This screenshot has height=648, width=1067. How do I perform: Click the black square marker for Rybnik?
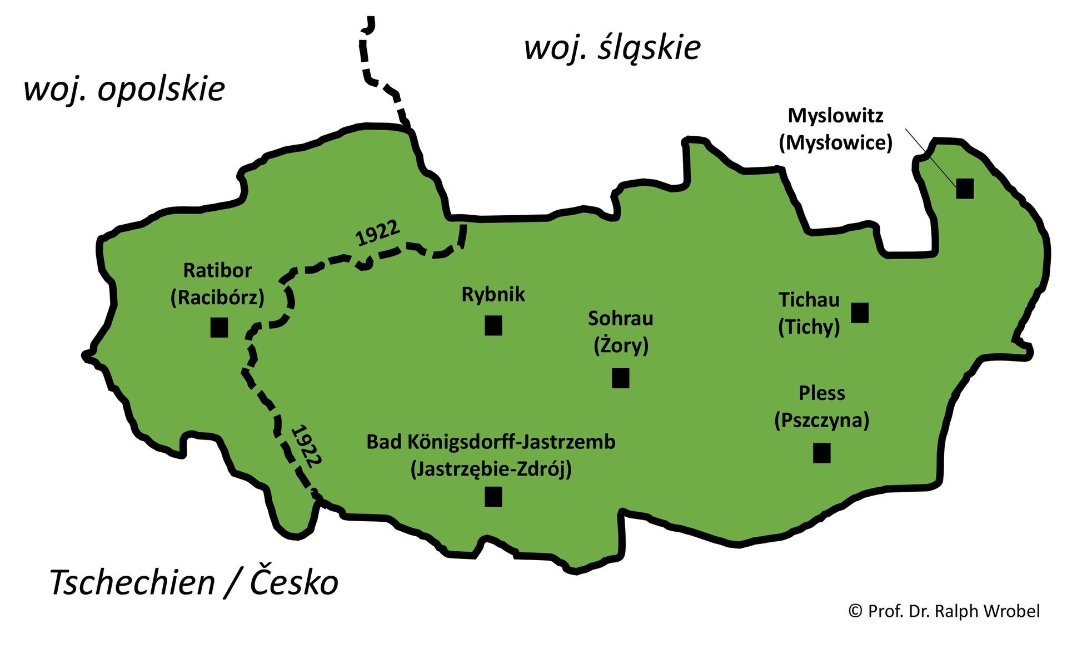tap(493, 325)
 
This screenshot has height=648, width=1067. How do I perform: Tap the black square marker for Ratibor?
tap(219, 327)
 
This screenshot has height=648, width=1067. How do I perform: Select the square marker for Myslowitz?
tap(965, 189)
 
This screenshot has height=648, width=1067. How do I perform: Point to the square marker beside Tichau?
tap(860, 313)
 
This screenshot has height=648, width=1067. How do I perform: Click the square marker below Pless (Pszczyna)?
tap(821, 453)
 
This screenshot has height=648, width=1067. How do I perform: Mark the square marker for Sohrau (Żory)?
tap(620, 378)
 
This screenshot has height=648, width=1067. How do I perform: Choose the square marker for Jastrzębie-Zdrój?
tap(493, 497)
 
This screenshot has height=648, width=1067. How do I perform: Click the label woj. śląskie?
tap(612, 47)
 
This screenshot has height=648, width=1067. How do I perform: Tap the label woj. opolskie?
tap(124, 89)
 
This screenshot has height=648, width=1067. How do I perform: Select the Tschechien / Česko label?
tap(193, 582)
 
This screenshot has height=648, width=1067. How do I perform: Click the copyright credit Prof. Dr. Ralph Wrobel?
tap(944, 611)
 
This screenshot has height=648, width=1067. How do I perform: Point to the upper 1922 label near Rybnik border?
tap(377, 234)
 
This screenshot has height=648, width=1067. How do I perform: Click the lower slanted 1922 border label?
tap(306, 446)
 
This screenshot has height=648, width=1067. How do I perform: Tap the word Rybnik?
tap(493, 294)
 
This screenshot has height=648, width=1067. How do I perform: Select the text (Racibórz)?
tap(217, 298)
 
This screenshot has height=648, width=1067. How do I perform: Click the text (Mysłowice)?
tap(835, 143)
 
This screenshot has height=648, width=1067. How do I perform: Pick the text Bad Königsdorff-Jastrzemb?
tap(491, 442)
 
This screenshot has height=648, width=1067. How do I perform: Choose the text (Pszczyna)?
tap(821, 420)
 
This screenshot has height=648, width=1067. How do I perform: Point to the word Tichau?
tap(809, 300)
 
